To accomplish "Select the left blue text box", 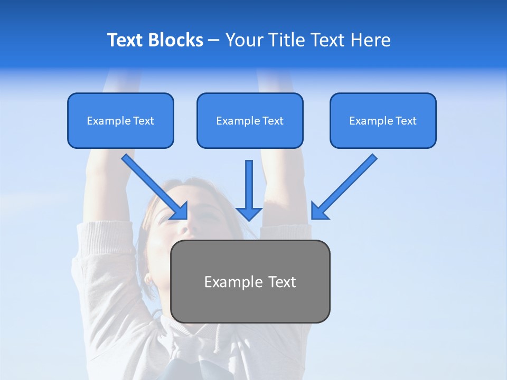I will tap(120, 121).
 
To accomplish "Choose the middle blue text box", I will tap(250, 121).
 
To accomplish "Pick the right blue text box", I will tap(383, 121).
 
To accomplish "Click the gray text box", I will tap(250, 282).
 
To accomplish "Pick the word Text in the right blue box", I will tap(406, 121).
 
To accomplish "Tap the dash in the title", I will tap(214, 40).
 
